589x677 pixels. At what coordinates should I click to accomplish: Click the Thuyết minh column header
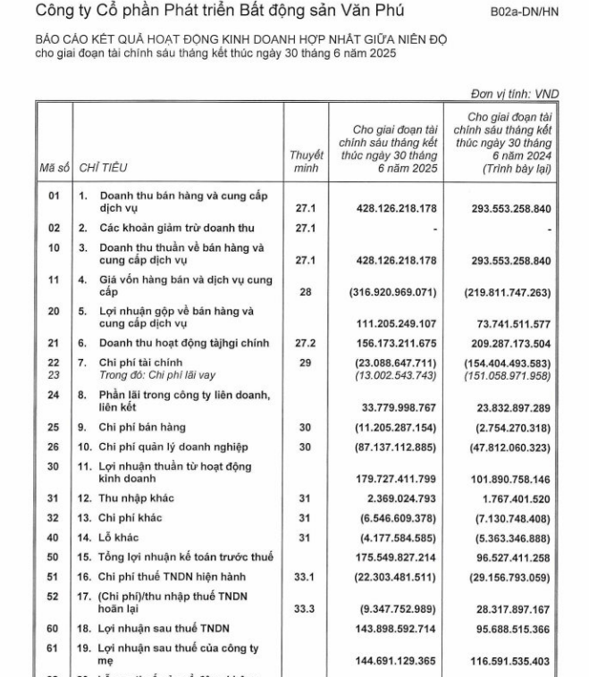pyautogui.click(x=306, y=161)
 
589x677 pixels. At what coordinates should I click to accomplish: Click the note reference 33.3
pyautogui.click(x=307, y=610)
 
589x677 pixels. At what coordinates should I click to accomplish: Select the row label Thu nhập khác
pyautogui.click(x=130, y=499)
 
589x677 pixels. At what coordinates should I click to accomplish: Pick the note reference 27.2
pyautogui.click(x=307, y=343)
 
